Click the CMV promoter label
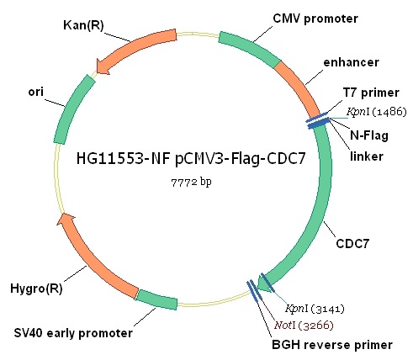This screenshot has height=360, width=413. (315, 19)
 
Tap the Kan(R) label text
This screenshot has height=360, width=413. (83, 25)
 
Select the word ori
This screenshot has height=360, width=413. (36, 92)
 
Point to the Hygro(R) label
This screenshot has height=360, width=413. (36, 289)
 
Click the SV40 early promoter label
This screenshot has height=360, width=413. (73, 333)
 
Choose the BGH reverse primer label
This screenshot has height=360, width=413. (332, 345)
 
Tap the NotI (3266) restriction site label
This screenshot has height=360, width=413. (304, 326)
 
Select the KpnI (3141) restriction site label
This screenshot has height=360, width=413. (315, 309)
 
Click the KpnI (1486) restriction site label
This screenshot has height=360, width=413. (377, 112)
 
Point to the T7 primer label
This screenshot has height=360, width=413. (371, 93)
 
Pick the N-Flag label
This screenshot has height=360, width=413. (369, 135)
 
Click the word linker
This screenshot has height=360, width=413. (367, 156)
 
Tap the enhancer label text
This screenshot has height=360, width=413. (351, 62)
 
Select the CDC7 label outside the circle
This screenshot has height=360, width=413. (352, 243)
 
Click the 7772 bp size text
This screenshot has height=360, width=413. (191, 183)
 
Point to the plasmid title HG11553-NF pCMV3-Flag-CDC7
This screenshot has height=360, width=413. (191, 159)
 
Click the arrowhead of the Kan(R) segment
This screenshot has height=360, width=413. (102, 67)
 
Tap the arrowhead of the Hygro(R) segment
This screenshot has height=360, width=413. (66, 219)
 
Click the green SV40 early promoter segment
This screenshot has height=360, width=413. (157, 299)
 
